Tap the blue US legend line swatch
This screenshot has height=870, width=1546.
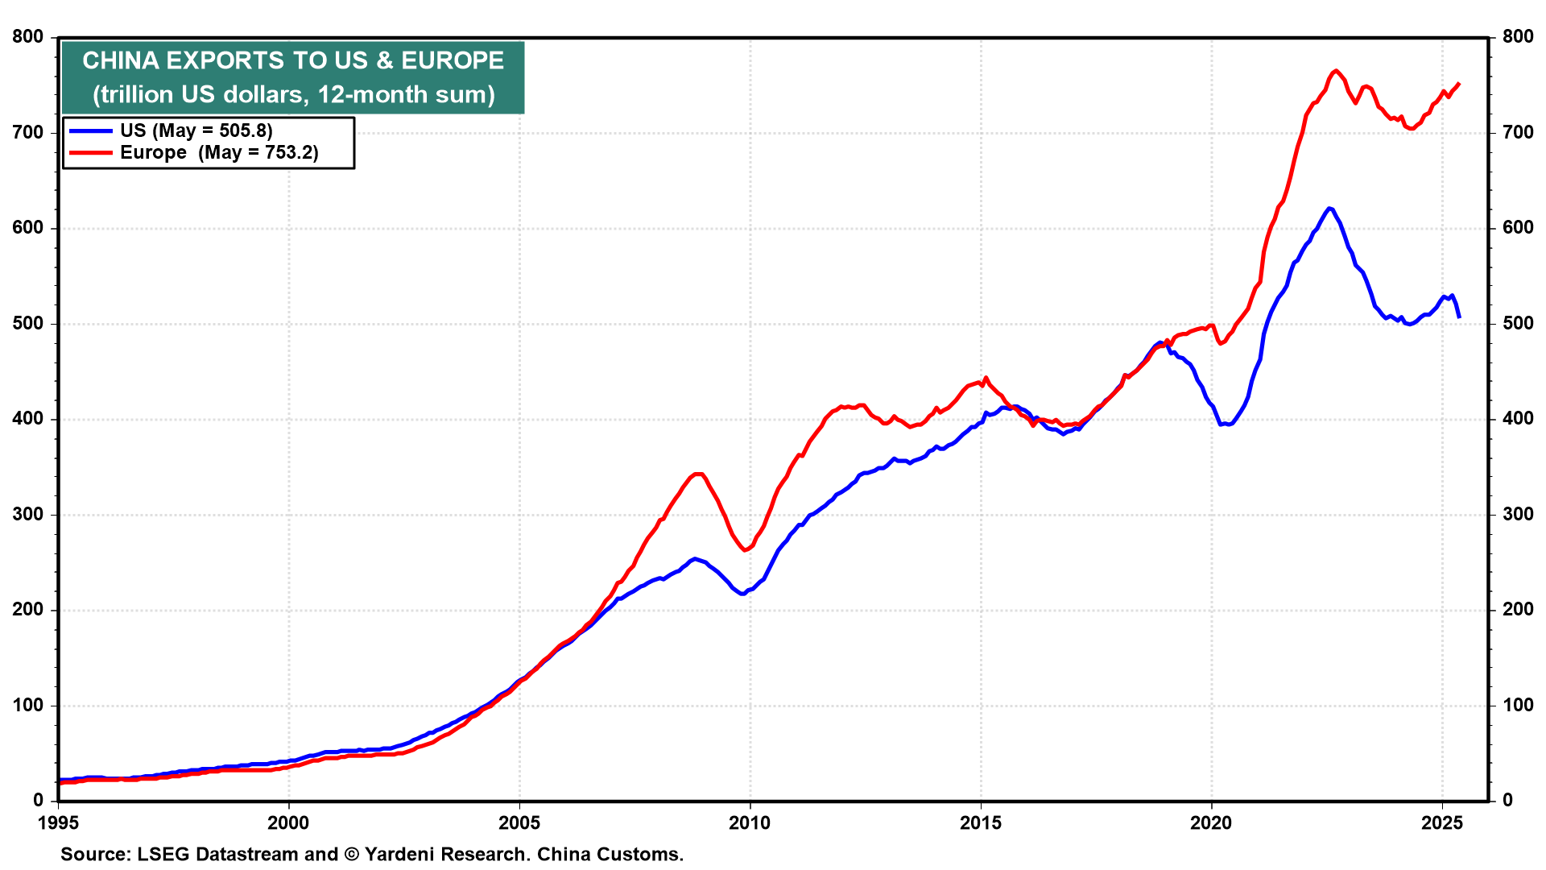click(90, 130)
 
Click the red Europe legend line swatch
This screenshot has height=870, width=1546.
click(90, 152)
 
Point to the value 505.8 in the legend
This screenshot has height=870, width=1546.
click(242, 130)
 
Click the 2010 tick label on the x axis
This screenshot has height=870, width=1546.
click(750, 822)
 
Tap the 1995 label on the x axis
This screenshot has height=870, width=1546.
click(58, 822)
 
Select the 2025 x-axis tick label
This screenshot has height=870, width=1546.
click(1442, 822)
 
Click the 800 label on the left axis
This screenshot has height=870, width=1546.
click(29, 36)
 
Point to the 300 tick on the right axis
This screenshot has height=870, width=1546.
click(1518, 514)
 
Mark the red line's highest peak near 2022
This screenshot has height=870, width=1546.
click(1335, 71)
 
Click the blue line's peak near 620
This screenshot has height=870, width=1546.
click(1329, 208)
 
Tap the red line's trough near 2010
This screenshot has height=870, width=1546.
click(745, 550)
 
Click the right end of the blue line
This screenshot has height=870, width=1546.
click(1459, 317)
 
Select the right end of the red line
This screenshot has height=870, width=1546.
click(1459, 84)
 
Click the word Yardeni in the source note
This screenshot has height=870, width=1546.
click(399, 854)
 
